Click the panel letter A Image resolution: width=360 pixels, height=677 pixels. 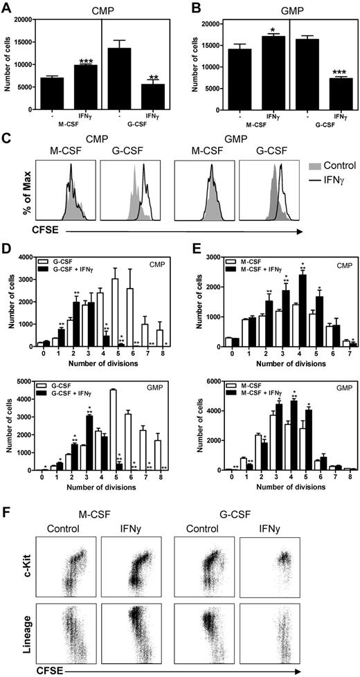[x=8, y=6]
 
